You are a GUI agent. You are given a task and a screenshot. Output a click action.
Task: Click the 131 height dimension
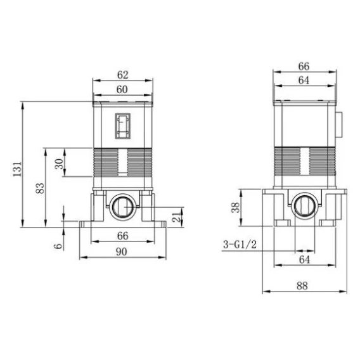(x=18, y=169)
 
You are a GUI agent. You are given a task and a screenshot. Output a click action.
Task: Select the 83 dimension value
(x=40, y=188)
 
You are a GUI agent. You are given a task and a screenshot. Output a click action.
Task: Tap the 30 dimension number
(x=59, y=164)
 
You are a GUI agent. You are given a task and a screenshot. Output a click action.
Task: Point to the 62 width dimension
(x=122, y=75)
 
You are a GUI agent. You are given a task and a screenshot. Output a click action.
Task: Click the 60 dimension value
(x=122, y=89)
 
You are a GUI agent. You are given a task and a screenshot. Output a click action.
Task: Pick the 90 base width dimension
(x=122, y=252)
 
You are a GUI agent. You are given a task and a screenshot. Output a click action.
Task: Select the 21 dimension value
(x=177, y=217)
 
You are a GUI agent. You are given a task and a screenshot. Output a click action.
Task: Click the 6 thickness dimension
(x=58, y=246)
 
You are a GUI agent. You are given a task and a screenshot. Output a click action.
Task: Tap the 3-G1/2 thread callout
(x=240, y=245)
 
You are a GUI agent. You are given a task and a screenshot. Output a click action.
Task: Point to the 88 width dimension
(x=302, y=286)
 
